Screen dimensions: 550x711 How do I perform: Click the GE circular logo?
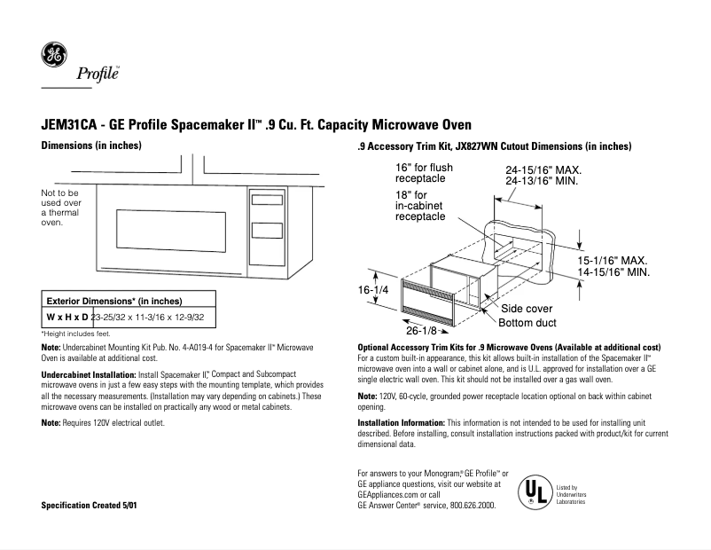(54, 54)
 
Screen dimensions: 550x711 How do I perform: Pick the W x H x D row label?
(67, 317)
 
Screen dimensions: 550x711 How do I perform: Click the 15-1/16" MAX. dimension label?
(613, 261)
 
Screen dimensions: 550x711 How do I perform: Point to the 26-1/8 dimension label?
(425, 330)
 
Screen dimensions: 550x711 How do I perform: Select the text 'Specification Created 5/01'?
(90, 505)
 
